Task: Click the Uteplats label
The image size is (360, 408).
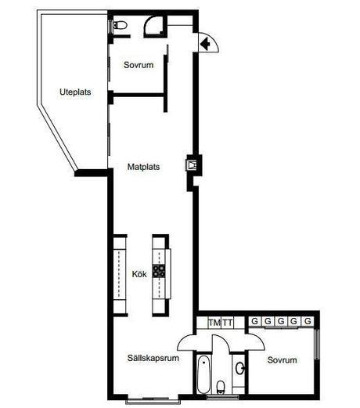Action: point(75,92)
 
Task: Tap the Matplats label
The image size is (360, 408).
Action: point(143,167)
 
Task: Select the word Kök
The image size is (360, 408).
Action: point(139,274)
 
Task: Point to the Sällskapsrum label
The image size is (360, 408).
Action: point(153,358)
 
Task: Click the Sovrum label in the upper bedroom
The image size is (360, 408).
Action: point(139,65)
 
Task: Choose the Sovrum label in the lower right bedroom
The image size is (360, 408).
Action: point(282,360)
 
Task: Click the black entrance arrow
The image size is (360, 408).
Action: point(206,44)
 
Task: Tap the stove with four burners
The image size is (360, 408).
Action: point(159,271)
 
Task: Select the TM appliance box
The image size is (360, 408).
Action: point(214,323)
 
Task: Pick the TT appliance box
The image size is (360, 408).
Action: point(228,323)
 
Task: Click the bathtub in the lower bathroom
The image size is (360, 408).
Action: point(203,374)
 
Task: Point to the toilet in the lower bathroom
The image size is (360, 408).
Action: point(221,387)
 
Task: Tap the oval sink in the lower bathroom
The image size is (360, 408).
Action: point(239,368)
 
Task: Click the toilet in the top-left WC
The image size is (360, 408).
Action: point(120,25)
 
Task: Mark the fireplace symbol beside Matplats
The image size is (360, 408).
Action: point(193,165)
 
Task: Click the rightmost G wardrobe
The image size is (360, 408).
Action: point(308,321)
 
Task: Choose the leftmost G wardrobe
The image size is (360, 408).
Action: point(255,321)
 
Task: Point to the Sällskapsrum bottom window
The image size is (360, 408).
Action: point(153,401)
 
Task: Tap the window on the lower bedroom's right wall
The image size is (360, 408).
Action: point(317,344)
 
